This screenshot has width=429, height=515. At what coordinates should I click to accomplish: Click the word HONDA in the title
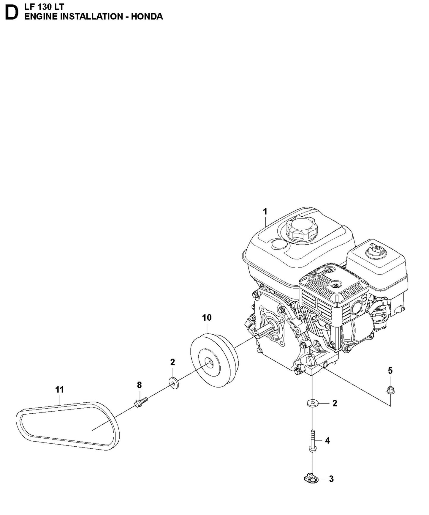(x=147, y=17)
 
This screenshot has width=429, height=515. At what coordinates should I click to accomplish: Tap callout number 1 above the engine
(x=265, y=212)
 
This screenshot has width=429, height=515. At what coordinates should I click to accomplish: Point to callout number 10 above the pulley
(x=207, y=318)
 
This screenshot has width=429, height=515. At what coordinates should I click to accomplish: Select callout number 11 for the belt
(x=59, y=390)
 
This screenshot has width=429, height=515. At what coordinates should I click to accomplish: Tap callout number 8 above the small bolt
(x=139, y=385)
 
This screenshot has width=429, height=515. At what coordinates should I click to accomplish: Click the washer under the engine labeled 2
(x=313, y=403)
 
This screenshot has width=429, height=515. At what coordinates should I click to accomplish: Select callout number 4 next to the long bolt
(x=327, y=441)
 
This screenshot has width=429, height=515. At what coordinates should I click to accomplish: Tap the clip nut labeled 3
(x=311, y=478)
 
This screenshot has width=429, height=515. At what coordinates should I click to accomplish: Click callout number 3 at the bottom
(x=331, y=479)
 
